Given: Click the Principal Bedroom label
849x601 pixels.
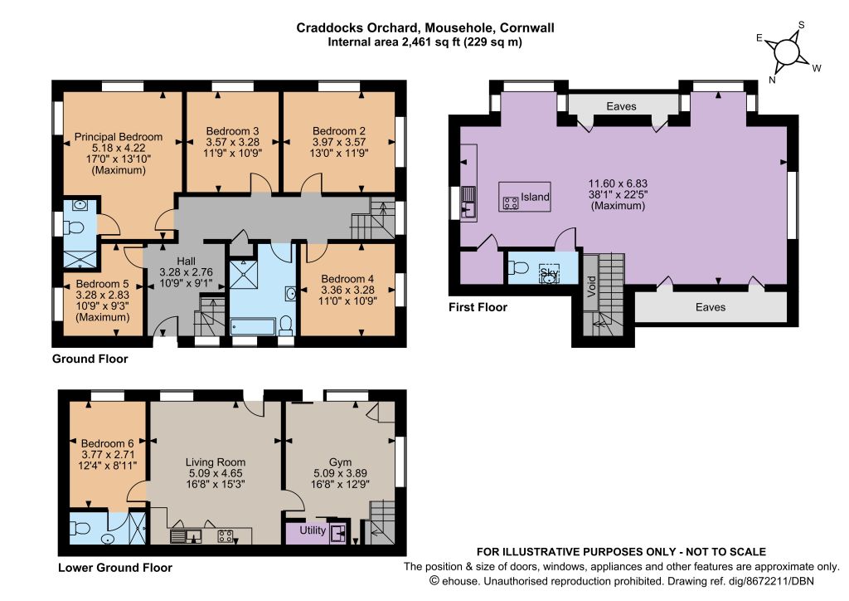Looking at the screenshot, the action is pyautogui.click(x=118, y=137).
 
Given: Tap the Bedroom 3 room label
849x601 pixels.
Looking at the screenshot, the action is pyautogui.click(x=232, y=131).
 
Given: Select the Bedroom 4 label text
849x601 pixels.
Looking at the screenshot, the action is pyautogui.click(x=347, y=279).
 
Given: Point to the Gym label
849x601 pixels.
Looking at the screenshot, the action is pyautogui.click(x=340, y=462).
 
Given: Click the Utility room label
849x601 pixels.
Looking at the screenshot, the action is pyautogui.click(x=313, y=530).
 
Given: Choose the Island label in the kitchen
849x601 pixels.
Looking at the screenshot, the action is pyautogui.click(x=535, y=197).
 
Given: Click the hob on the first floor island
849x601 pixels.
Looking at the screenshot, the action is pyautogui.click(x=511, y=203).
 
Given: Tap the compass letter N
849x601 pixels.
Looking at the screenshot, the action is pyautogui.click(x=772, y=80).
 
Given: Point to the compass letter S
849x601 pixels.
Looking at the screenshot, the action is pyautogui.click(x=802, y=25).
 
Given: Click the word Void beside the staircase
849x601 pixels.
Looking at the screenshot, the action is pyautogui.click(x=591, y=286).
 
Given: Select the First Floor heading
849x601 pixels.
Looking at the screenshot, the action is pyautogui.click(x=478, y=307).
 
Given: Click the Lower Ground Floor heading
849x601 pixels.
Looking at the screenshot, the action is pyautogui.click(x=114, y=568).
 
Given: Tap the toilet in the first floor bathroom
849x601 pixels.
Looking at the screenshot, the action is pyautogui.click(x=519, y=267).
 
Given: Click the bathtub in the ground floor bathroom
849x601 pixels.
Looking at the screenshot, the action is pyautogui.click(x=253, y=327).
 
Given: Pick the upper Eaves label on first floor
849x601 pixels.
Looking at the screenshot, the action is pyautogui.click(x=621, y=106).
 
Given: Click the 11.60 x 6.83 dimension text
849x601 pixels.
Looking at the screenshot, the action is pyautogui.click(x=618, y=183).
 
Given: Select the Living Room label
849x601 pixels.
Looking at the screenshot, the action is pyautogui.click(x=216, y=462).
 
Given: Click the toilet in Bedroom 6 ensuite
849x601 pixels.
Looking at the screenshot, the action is pyautogui.click(x=80, y=527).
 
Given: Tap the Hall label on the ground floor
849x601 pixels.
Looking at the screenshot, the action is pyautogui.click(x=186, y=261).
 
